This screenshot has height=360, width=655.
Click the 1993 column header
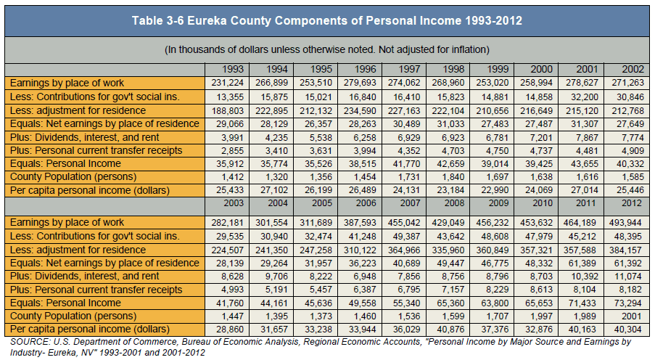(x=233, y=69)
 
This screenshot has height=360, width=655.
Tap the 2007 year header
(x=410, y=203)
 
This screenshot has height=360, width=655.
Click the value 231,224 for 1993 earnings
(x=227, y=83)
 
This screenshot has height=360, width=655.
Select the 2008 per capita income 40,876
(x=450, y=330)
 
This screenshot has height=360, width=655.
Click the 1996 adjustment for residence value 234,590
(x=360, y=111)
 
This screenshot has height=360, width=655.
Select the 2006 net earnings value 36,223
(x=362, y=263)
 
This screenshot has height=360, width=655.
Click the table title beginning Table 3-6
(x=327, y=20)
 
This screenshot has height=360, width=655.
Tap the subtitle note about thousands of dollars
(x=327, y=50)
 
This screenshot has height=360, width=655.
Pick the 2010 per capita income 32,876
(x=539, y=330)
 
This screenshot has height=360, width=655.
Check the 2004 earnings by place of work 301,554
(x=271, y=222)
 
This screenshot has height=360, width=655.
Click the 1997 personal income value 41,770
(x=406, y=164)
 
